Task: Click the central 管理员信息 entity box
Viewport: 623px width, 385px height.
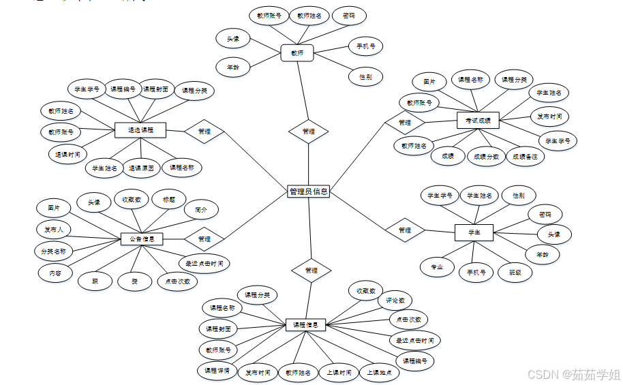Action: pyautogui.click(x=309, y=191)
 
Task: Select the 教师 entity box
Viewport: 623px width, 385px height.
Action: pyautogui.click(x=297, y=52)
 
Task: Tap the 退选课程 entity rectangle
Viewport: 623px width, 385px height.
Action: pyautogui.click(x=141, y=129)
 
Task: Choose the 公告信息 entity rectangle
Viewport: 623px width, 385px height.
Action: pyautogui.click(x=142, y=239)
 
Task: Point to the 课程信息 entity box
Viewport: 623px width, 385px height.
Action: pyautogui.click(x=305, y=324)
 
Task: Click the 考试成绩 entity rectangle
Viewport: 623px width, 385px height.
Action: pyautogui.click(x=478, y=121)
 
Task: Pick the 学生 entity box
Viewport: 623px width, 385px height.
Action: pyautogui.click(x=474, y=232)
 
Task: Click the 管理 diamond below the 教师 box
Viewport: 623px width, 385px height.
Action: pyautogui.click(x=309, y=131)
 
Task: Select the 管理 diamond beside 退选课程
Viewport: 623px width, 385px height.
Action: pyautogui.click(x=204, y=131)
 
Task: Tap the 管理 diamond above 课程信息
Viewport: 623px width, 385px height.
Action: pyautogui.click(x=311, y=271)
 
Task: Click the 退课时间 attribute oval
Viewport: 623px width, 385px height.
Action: pyautogui.click(x=67, y=153)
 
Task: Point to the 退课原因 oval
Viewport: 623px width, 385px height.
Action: pyautogui.click(x=141, y=167)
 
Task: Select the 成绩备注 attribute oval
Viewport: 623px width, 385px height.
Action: pyautogui.click(x=525, y=156)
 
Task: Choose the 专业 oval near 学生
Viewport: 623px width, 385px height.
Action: pyautogui.click(x=437, y=266)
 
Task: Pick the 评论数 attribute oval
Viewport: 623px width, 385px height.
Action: pyautogui.click(x=395, y=300)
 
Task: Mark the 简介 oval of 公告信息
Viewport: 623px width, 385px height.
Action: pyautogui.click(x=201, y=209)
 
